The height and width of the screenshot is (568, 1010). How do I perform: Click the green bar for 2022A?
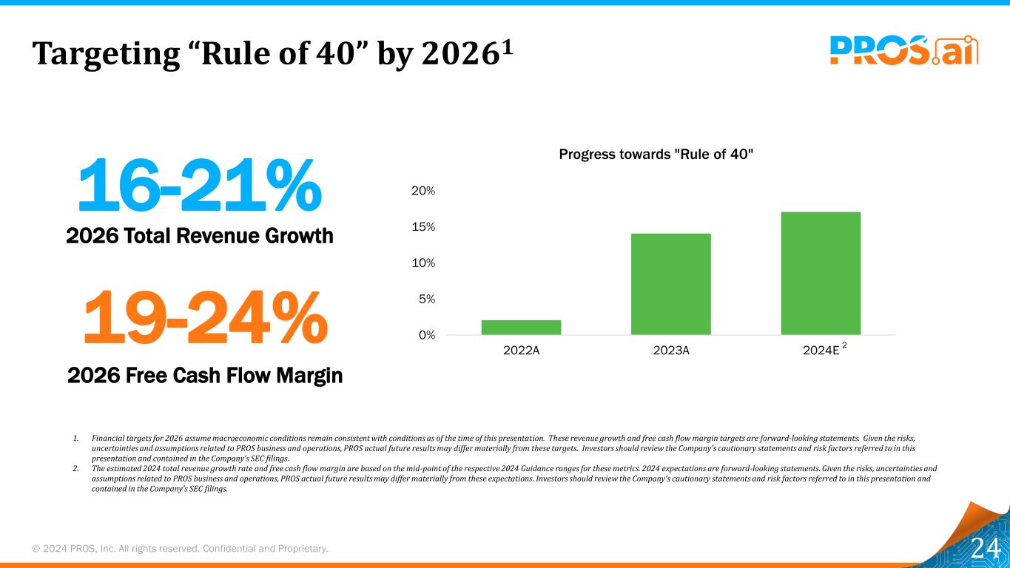[521, 327]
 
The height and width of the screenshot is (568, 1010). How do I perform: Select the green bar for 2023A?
[670, 284]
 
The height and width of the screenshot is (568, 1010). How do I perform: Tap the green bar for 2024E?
[821, 273]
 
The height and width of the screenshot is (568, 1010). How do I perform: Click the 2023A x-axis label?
[671, 351]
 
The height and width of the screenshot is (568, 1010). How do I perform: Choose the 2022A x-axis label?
[521, 351]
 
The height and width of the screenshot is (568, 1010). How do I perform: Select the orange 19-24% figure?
[204, 317]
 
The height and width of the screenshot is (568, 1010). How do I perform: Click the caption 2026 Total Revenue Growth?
[200, 236]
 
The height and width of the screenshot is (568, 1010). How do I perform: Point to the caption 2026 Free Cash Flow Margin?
[205, 376]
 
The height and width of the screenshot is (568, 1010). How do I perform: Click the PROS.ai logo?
[903, 50]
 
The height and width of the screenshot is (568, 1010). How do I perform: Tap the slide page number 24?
[985, 549]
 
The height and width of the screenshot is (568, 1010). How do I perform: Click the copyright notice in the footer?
[180, 549]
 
